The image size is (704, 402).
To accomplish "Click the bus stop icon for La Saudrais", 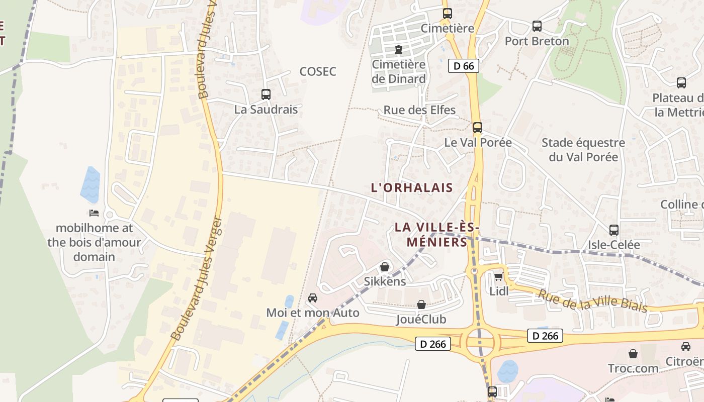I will click(266, 94).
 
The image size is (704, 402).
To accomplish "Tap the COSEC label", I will click(318, 71).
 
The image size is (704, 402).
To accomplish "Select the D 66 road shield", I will click(464, 65).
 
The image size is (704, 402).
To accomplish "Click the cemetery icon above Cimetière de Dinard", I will click(399, 50).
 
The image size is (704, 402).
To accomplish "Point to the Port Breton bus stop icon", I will click(537, 26).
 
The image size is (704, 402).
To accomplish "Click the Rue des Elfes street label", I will click(419, 110).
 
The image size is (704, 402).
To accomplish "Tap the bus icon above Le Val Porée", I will click(478, 127).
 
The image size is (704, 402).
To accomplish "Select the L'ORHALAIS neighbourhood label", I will click(412, 188).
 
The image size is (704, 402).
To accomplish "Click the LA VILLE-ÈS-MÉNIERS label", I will click(437, 234).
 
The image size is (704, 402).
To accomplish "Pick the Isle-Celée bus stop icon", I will click(614, 230).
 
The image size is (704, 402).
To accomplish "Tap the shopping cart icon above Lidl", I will click(498, 276).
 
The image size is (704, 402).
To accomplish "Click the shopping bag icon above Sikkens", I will click(385, 267).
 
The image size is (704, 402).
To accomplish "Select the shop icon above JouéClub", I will click(421, 305).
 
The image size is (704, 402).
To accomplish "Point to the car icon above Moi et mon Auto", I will click(313, 298).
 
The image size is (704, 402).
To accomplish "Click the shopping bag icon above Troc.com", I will click(633, 354).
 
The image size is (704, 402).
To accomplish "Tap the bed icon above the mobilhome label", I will click(94, 213).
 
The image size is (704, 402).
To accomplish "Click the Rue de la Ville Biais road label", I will click(592, 301).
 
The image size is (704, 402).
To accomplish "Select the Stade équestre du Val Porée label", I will click(583, 150).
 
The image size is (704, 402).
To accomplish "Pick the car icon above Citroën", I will click(686, 346).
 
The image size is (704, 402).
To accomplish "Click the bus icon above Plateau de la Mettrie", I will click(681, 83).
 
